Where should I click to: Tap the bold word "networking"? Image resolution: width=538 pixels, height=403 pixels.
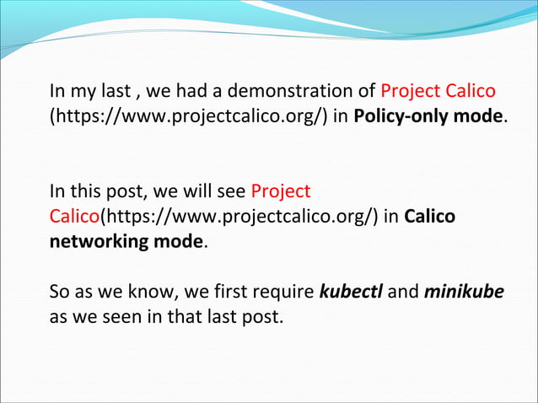95,240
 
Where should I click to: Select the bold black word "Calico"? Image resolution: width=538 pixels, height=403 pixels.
429,216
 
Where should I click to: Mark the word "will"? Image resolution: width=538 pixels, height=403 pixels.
193,191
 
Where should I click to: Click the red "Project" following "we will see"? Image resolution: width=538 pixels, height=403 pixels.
282,191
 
